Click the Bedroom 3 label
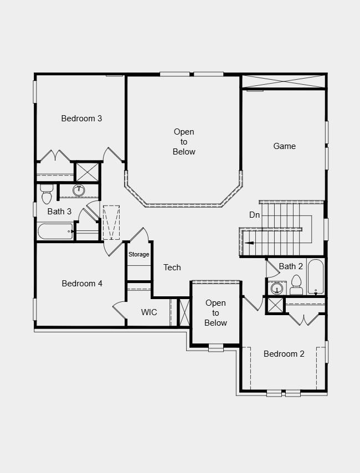(x=81, y=119)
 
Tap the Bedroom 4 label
(x=82, y=284)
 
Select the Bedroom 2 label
(x=284, y=354)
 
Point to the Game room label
(x=284, y=146)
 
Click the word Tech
(x=172, y=268)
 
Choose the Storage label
(x=139, y=255)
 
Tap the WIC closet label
(x=149, y=312)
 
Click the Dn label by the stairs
(x=254, y=215)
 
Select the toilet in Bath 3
(x=47, y=195)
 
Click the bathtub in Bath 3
(x=55, y=232)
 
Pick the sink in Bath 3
(x=79, y=191)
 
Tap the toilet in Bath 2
(x=296, y=286)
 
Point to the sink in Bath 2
(x=276, y=288)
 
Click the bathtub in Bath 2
(x=315, y=276)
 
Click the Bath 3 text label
(x=59, y=212)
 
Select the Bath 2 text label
(x=291, y=266)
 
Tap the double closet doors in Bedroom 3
(x=55, y=156)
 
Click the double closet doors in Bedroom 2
(x=304, y=320)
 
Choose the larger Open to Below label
(x=184, y=142)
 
